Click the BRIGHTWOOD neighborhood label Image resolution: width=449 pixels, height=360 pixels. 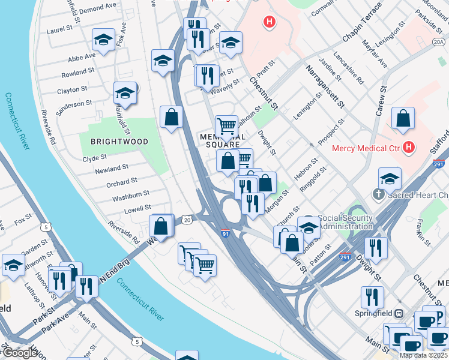pos(119,142)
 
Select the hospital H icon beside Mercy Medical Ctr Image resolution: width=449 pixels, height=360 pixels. pos(409,147)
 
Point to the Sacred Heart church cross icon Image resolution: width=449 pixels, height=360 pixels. pos(379,194)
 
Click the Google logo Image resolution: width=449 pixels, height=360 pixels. pos(20,353)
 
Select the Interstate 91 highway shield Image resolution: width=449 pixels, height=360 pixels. pos(226,233)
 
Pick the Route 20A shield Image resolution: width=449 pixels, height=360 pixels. pos(439,41)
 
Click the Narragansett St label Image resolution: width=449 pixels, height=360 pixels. pos(325,86)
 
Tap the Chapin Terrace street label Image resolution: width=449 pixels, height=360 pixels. pos(362,22)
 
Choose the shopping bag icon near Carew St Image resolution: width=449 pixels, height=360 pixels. pos(403,118)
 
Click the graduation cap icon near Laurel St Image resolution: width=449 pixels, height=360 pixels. pos(103,40)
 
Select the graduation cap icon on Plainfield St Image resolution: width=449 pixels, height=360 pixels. pos(125,93)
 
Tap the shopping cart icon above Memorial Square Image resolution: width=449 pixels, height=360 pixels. pos(226,125)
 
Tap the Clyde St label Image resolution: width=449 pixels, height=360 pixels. pos(95,158)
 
